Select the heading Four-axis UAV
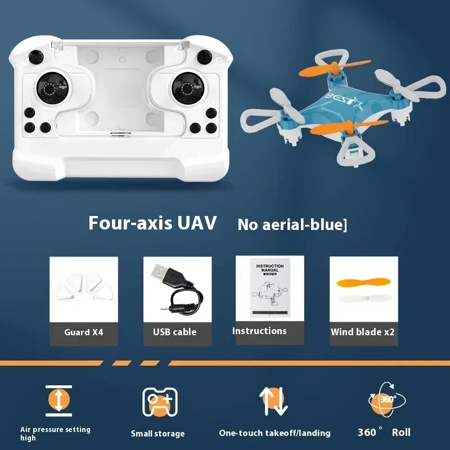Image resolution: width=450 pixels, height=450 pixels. [x=152, y=223]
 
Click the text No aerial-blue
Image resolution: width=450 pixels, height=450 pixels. [x=292, y=224]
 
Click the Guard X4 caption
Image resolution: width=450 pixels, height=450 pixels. [x=83, y=332]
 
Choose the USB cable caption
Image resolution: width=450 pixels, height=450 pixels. [x=174, y=332]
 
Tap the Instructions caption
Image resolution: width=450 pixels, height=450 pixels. [x=259, y=331]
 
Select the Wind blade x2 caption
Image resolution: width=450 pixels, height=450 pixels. [x=363, y=332]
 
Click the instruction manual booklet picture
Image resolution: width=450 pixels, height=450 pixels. [x=270, y=289]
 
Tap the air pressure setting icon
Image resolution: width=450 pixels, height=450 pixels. [x=59, y=400]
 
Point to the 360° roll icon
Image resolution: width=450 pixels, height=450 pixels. [x=386, y=399]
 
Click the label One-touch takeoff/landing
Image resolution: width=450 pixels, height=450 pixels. [x=274, y=433]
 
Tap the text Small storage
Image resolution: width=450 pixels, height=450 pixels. [x=157, y=434]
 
